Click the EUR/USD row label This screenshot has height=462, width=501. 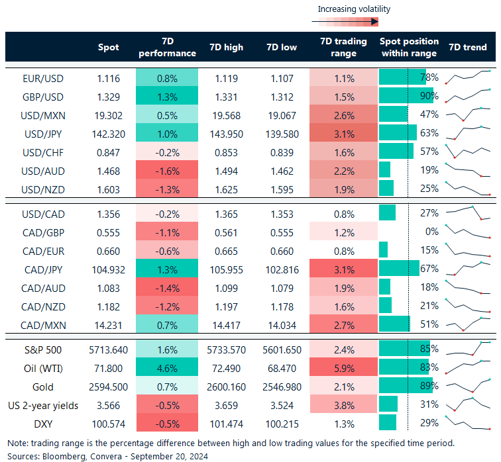pos(44,78)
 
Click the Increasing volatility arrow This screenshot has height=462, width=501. pos(344,22)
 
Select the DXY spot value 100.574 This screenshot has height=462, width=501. pos(109,422)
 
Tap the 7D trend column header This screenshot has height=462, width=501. pos(468,47)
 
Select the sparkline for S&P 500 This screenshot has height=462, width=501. pos(469,349)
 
